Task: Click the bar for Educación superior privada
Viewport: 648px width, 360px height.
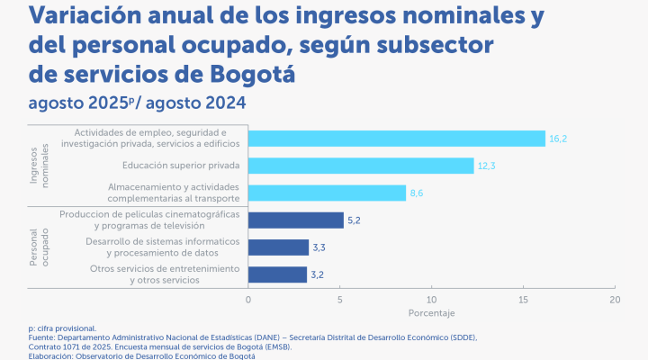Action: (x=360, y=166)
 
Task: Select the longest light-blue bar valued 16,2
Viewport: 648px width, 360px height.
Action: (x=396, y=138)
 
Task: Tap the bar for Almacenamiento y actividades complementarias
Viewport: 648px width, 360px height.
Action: (x=327, y=193)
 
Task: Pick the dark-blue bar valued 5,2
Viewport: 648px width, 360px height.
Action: (x=295, y=220)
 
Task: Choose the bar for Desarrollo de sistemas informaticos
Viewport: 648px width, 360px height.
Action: (x=278, y=247)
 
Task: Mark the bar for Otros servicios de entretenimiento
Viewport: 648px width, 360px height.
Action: (x=277, y=274)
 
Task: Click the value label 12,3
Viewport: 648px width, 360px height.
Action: (x=486, y=166)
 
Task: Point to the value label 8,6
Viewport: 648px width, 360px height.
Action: (x=417, y=193)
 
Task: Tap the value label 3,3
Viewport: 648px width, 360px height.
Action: (x=319, y=247)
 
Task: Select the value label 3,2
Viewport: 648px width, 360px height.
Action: (x=319, y=274)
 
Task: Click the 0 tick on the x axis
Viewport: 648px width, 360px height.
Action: (x=248, y=299)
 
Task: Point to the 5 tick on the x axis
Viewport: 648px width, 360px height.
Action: (x=340, y=299)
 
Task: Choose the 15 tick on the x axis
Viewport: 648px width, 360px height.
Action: (x=523, y=299)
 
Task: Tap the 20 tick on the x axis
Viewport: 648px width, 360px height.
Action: (x=615, y=299)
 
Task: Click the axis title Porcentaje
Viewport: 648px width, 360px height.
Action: (x=431, y=313)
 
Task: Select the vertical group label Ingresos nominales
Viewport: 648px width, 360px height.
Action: (x=39, y=165)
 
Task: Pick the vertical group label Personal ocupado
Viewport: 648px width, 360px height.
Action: (x=39, y=247)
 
